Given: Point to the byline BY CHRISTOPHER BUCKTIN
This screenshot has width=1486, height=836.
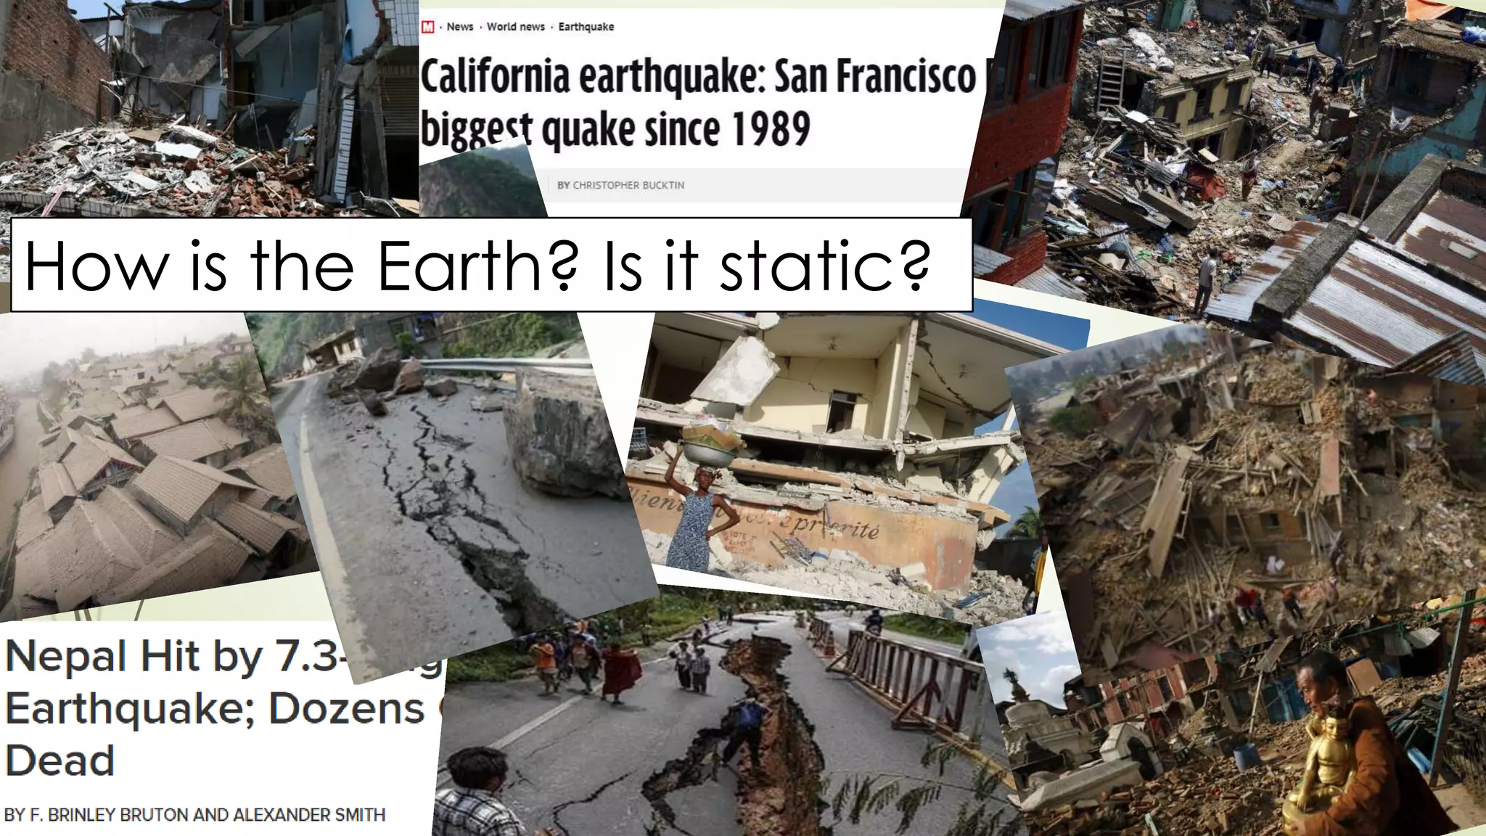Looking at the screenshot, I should click(620, 185).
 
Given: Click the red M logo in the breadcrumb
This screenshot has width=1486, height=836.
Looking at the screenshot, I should click(428, 27).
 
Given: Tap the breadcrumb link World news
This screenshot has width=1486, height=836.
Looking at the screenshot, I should click(515, 27).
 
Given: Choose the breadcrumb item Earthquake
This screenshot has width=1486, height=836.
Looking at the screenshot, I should click(586, 27).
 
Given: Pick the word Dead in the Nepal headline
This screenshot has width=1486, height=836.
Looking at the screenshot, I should click(59, 761).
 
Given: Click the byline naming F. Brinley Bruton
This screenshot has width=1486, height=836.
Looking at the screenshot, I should click(194, 814).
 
